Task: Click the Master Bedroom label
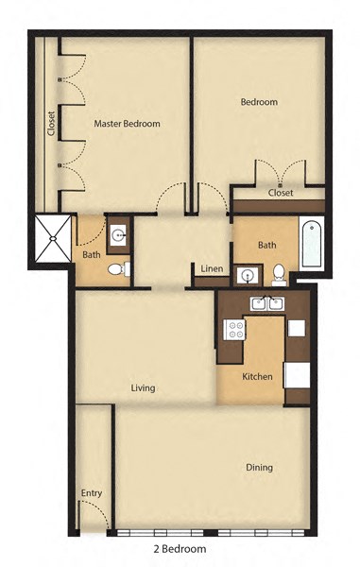[127, 124]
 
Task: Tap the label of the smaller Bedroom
[258, 102]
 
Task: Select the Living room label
[144, 388]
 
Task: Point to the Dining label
[259, 467]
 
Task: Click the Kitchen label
[257, 377]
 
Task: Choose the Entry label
[92, 493]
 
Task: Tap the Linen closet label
[212, 269]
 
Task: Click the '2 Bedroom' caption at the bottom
[179, 548]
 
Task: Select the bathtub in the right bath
[311, 244]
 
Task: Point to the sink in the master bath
[117, 233]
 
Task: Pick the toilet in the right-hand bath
[280, 274]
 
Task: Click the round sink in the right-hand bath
[248, 275]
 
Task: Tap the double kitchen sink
[266, 303]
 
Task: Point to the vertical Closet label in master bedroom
[51, 124]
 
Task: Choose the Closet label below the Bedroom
[280, 193]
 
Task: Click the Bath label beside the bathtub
[267, 245]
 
